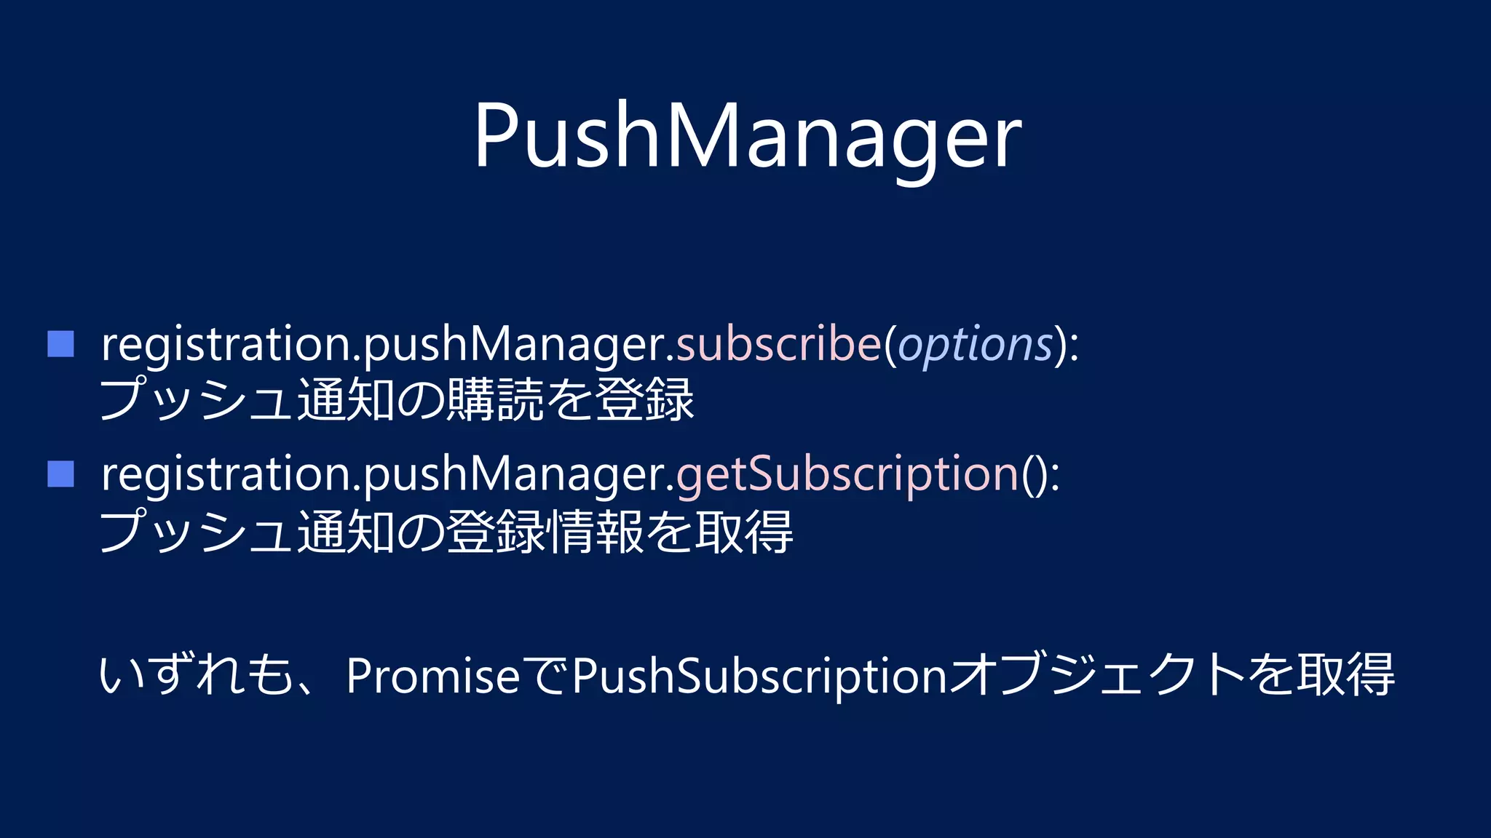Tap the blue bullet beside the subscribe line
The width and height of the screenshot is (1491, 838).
[x=60, y=344]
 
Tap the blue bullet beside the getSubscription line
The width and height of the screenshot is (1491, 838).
[x=60, y=474]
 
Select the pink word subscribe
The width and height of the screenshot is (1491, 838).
[x=778, y=344]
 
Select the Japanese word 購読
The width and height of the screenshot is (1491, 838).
[x=495, y=400]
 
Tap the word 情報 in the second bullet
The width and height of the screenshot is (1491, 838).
[x=595, y=531]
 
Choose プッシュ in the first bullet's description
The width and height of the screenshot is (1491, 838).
[x=197, y=400]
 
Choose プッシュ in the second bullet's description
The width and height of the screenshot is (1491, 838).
[x=197, y=531]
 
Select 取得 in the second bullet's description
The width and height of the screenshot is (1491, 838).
[x=744, y=531]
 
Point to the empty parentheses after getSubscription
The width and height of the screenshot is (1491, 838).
[x=1034, y=475]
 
